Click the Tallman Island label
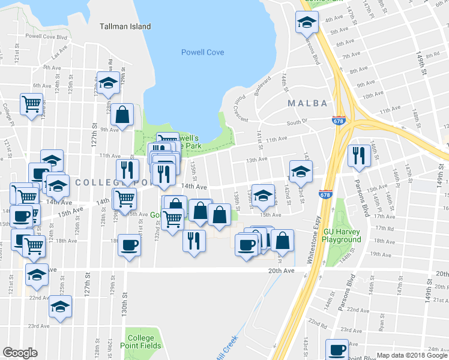click(125, 26)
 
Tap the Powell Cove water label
click(203, 52)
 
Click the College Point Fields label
click(140, 341)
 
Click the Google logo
click(20, 352)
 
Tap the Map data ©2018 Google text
click(411, 355)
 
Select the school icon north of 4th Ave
click(307, 22)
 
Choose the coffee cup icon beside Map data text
click(337, 349)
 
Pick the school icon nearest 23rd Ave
click(60, 305)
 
